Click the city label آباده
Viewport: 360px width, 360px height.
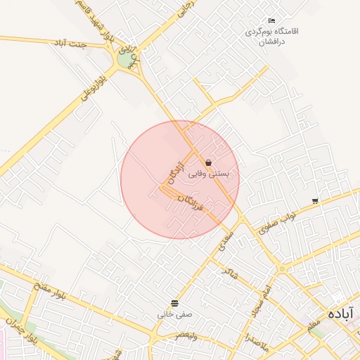point(340,312)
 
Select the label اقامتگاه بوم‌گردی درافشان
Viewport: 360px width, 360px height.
point(272,37)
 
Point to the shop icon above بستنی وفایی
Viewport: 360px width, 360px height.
point(209,162)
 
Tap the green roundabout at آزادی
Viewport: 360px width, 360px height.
point(125,60)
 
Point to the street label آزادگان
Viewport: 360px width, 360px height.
point(176,169)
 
